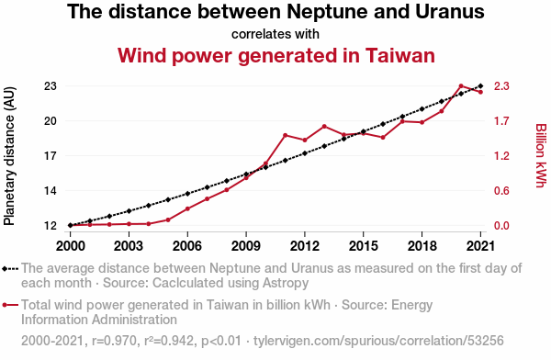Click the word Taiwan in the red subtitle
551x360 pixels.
point(400,55)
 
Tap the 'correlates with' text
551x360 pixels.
point(275,34)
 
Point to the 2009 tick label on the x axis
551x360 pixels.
point(246,246)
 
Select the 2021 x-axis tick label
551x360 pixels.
point(480,246)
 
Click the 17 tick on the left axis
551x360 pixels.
point(51,156)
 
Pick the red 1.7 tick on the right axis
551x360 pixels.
point(501,121)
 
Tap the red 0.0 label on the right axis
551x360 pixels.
point(501,225)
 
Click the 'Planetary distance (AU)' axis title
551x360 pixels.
point(9,156)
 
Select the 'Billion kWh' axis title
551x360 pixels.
point(541,155)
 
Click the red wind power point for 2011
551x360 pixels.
point(286,135)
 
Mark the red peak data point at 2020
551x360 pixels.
point(461,85)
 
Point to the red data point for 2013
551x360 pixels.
point(324,126)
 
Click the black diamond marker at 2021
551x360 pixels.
point(480,85)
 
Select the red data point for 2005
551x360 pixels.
point(168,220)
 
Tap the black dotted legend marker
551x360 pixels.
point(10,269)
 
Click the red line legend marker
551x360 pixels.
point(10,305)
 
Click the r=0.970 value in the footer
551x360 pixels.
point(114,341)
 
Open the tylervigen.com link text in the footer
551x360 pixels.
point(378,341)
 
